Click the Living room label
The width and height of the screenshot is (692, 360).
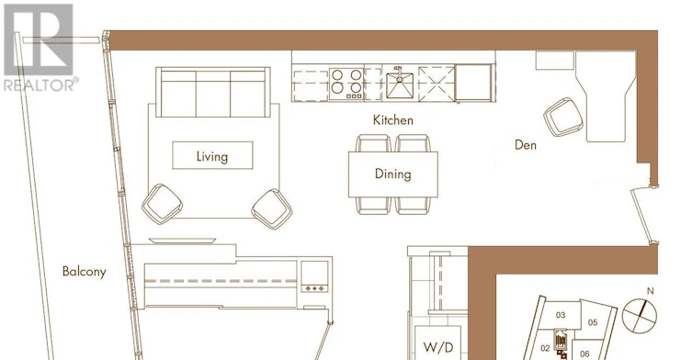[x=212, y=157]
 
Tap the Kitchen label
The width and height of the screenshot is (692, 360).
[x=392, y=120]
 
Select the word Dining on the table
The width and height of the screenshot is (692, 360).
[x=392, y=174]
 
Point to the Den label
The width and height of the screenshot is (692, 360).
[x=526, y=145]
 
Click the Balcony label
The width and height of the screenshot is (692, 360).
[x=85, y=271]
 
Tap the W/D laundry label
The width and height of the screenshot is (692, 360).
[x=438, y=348]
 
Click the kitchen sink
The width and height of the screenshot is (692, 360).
[x=400, y=84]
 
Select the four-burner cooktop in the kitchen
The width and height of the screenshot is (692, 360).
[x=346, y=84]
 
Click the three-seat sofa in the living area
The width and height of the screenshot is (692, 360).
[x=212, y=92]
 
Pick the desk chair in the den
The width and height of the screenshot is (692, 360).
[x=563, y=117]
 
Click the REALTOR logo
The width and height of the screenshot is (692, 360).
[x=40, y=48]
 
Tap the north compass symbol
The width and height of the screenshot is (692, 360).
[x=640, y=315]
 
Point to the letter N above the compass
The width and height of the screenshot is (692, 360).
[x=650, y=291]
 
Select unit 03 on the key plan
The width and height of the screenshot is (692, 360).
[x=561, y=315]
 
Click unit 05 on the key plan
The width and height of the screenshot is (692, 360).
[x=593, y=322]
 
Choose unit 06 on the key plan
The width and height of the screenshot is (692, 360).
[x=584, y=354]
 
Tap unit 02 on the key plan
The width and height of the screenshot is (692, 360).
[x=546, y=349]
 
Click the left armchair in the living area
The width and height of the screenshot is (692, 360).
[x=162, y=204]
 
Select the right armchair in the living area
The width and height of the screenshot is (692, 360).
[x=272, y=209]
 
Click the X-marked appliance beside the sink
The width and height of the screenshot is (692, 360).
[x=437, y=84]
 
